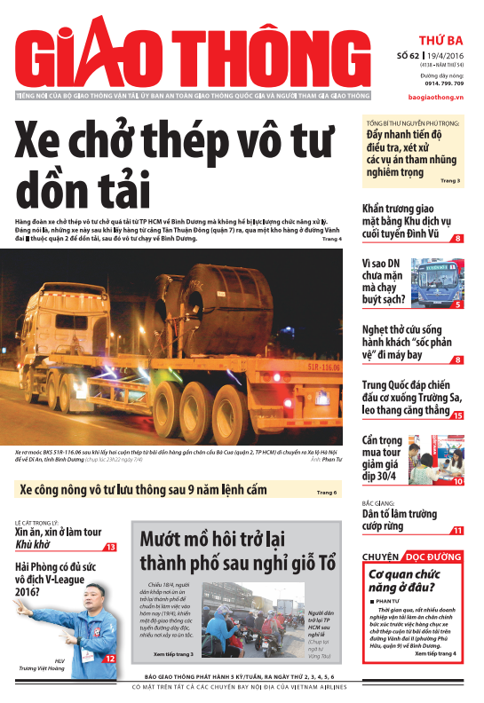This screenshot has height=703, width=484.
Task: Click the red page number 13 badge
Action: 110,548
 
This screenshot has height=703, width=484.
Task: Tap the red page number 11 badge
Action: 457,531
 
